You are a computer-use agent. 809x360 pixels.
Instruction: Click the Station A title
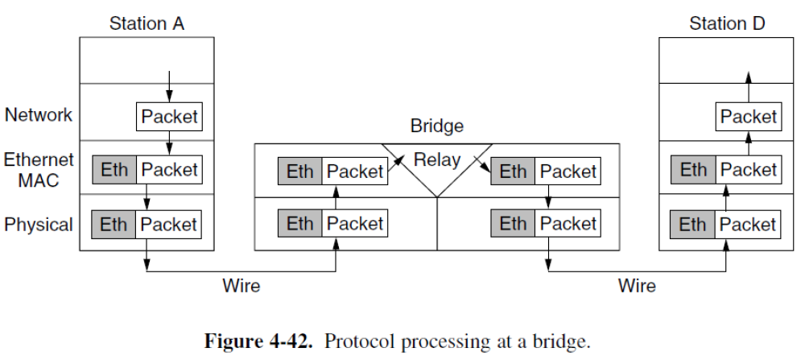[x=147, y=23]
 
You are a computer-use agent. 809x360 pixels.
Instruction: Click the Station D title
[x=727, y=23]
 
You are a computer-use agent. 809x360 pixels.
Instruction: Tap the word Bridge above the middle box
[x=437, y=126]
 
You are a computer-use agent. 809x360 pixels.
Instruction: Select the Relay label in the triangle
[x=437, y=159]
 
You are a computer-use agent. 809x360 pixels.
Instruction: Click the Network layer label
[x=39, y=115]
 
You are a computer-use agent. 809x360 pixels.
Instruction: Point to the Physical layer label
[x=39, y=224]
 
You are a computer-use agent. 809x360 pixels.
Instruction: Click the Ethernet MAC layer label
[x=39, y=170]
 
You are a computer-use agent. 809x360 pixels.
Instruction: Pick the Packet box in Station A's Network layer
[x=168, y=117]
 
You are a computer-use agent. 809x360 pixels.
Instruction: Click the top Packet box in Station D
[x=748, y=117]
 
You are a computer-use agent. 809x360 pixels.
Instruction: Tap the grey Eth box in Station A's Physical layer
[x=114, y=224]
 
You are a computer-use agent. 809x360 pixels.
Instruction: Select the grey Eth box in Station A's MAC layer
[x=114, y=170]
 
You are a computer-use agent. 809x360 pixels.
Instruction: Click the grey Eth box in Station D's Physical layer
[x=693, y=224]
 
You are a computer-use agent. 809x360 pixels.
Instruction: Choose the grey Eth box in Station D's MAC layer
[x=693, y=170]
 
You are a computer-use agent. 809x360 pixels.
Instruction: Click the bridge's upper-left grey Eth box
[x=300, y=171]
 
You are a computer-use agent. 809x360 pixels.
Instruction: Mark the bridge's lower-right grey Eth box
[x=513, y=223]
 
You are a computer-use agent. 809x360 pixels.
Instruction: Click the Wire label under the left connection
[x=241, y=285]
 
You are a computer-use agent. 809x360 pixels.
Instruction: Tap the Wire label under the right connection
[x=637, y=285]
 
